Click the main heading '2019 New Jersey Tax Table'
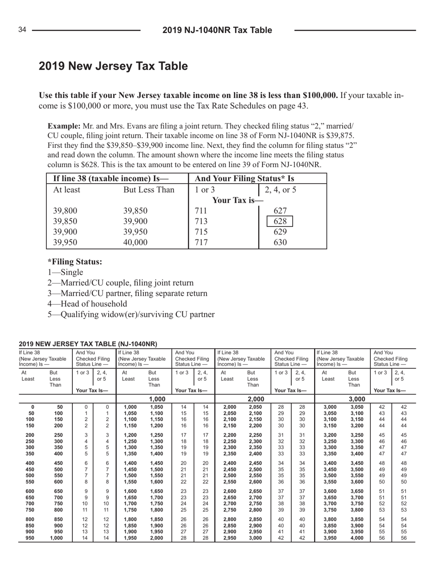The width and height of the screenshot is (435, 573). (113, 66)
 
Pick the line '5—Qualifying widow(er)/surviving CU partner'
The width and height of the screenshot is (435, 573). (131, 314)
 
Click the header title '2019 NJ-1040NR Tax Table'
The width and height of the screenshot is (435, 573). (217, 30)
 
